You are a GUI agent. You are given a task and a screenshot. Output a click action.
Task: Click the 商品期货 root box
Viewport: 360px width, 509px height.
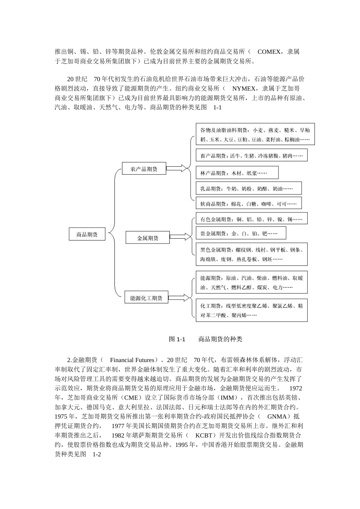pos(87,234)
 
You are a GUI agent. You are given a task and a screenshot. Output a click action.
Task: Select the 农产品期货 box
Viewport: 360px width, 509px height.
pos(144,169)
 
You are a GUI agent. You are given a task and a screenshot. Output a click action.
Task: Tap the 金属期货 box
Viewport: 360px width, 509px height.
pos(147,238)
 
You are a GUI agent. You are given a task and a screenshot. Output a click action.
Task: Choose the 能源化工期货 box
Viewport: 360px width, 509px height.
pos(146,298)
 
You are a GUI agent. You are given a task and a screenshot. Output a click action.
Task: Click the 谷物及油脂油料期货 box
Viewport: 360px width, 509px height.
pos(255,134)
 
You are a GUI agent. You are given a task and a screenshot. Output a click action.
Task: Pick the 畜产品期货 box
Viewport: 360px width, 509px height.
pos(251,155)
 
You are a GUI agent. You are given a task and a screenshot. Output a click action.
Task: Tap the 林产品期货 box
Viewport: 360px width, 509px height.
pos(237,173)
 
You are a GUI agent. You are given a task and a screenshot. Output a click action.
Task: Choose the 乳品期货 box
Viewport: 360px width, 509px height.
pos(249,188)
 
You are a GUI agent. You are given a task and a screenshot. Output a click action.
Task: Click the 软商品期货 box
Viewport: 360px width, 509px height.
pos(249,203)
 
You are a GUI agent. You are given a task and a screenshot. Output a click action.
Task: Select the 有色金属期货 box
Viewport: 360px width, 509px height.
pos(251,219)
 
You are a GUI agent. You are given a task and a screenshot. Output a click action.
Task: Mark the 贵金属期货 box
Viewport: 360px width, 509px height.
pos(241,233)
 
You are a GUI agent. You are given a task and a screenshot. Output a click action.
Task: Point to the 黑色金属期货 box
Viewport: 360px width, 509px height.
pos(251,254)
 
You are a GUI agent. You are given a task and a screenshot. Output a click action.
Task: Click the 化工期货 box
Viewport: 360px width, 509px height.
pos(251,310)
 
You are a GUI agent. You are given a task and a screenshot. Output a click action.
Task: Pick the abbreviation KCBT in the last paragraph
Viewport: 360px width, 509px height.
pos(206,436)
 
